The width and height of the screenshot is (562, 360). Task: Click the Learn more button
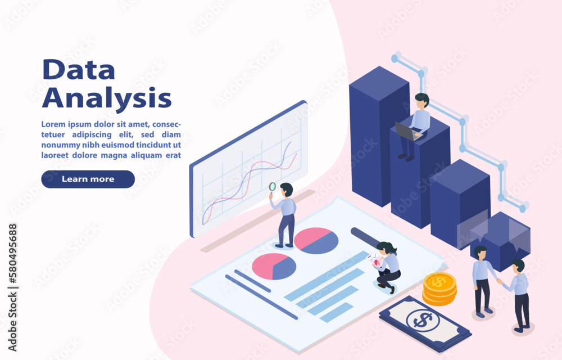[88, 179]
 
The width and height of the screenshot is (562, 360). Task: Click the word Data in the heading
[79, 69]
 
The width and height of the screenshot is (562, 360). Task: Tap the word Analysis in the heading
[107, 97]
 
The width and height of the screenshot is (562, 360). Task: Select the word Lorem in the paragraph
[53, 124]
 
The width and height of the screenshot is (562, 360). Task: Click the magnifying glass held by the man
[273, 188]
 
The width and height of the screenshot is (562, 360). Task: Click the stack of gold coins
[439, 289]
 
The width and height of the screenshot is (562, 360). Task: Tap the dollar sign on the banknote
[423, 320]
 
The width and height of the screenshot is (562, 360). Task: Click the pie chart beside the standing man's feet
[316, 241]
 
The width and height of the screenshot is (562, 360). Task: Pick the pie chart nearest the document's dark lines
[274, 267]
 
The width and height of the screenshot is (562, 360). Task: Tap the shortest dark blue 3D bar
[500, 240]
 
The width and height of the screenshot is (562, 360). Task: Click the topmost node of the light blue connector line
[395, 58]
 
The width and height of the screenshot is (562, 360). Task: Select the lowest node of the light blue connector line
[523, 208]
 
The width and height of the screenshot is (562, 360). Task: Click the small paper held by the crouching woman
[374, 259]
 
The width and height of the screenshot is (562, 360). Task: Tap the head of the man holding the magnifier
[287, 190]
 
